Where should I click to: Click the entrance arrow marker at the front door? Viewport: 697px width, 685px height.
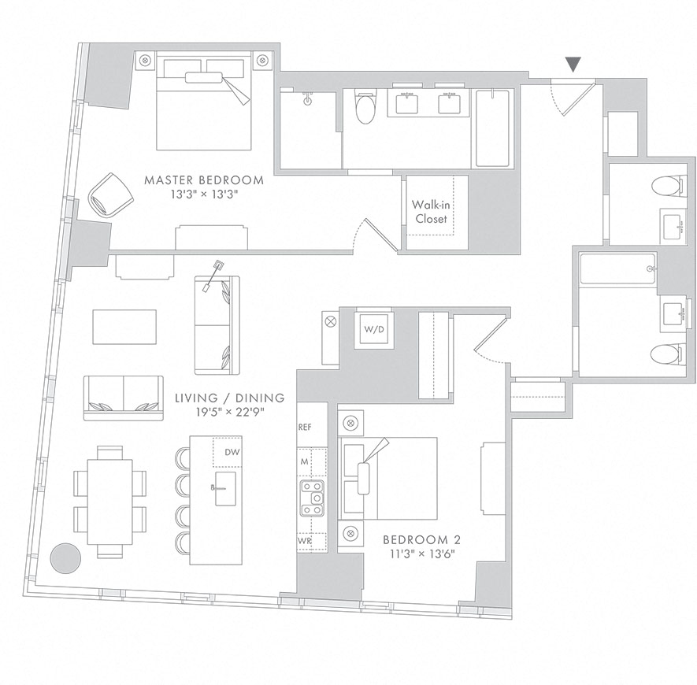coord(574,65)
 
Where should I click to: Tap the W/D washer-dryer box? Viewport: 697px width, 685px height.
coord(374,330)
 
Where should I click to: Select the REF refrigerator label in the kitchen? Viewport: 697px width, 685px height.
coord(305,428)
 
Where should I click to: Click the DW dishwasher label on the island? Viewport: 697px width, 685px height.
coord(232,453)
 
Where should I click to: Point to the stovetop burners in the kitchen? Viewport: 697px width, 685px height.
coord(312,498)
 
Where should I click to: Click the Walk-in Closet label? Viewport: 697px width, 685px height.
coord(430,212)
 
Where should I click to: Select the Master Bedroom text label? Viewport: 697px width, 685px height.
coord(204,180)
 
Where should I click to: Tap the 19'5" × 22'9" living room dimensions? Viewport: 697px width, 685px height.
coord(229,412)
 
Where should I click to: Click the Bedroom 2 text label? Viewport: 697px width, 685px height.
coord(422,539)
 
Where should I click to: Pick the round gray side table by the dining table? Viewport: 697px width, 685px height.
coord(65,557)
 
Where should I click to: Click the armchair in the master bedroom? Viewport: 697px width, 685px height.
coord(111,195)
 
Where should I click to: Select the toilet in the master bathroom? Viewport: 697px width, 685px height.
coord(366,108)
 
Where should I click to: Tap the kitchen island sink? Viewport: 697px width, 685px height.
coord(225,488)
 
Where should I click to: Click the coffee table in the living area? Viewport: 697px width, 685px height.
coord(124,327)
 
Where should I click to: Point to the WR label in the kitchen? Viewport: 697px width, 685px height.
coord(305,541)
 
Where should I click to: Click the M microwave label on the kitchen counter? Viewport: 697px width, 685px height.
coord(305,462)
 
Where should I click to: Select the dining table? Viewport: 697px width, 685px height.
coord(110,502)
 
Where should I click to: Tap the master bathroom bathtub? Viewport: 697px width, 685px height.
coord(492,128)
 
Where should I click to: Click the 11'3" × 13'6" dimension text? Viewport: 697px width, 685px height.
coord(422,554)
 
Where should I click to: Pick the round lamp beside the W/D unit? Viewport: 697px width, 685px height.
coord(331,321)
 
